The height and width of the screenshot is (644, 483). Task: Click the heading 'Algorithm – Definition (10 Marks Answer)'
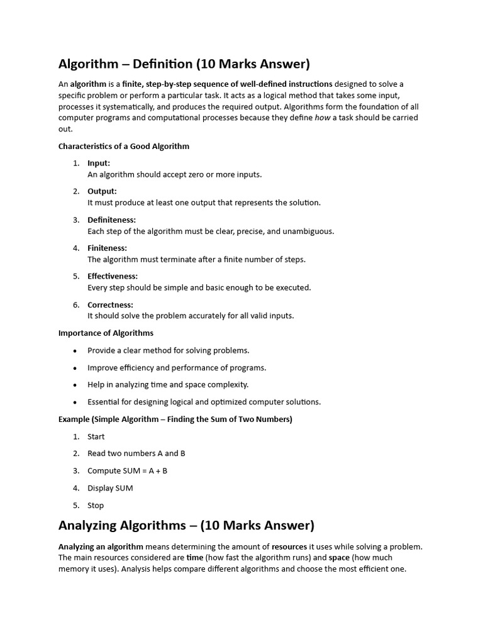pyautogui.click(x=184, y=64)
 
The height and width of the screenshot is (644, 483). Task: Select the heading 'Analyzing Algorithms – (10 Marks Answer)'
pyautogui.click(x=186, y=525)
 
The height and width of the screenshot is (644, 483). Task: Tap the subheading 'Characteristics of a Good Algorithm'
pyautogui.click(x=124, y=147)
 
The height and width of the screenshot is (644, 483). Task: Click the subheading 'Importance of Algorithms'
pyautogui.click(x=106, y=333)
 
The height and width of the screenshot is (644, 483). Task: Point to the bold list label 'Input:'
pyautogui.click(x=99, y=164)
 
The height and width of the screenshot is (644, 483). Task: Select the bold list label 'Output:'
pyautogui.click(x=102, y=191)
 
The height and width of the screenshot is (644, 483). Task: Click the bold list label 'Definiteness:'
pyautogui.click(x=111, y=219)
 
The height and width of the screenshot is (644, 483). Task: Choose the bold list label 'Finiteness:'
pyautogui.click(x=107, y=248)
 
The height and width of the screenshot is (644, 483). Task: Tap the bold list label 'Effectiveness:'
pyautogui.click(x=113, y=276)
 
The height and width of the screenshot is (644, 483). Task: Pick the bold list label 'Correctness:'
pyautogui.click(x=110, y=305)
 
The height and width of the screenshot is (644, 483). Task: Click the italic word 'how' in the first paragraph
pyautogui.click(x=322, y=118)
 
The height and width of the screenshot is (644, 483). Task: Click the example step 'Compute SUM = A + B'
pyautogui.click(x=128, y=470)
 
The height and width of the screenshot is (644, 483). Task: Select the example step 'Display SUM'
pyautogui.click(x=110, y=488)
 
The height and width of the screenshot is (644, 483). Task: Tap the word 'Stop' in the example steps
pyautogui.click(x=96, y=505)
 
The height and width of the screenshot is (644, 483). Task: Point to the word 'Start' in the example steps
pyautogui.click(x=96, y=436)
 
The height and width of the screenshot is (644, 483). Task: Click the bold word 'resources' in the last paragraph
pyautogui.click(x=289, y=547)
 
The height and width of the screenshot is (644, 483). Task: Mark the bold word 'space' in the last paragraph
pyautogui.click(x=339, y=558)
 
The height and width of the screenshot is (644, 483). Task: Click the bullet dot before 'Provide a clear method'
pyautogui.click(x=75, y=351)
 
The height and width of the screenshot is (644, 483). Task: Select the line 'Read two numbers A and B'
pyautogui.click(x=136, y=453)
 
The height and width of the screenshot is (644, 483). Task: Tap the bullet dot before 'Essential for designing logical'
pyautogui.click(x=75, y=402)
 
